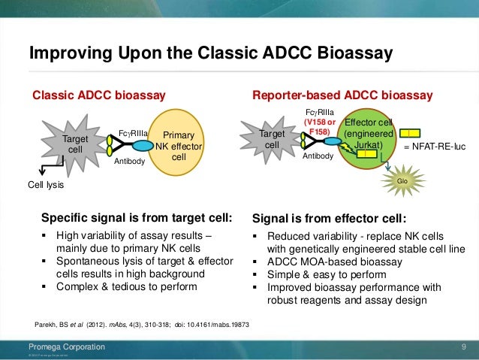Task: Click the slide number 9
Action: (465, 346)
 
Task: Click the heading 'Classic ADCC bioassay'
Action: (98, 95)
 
